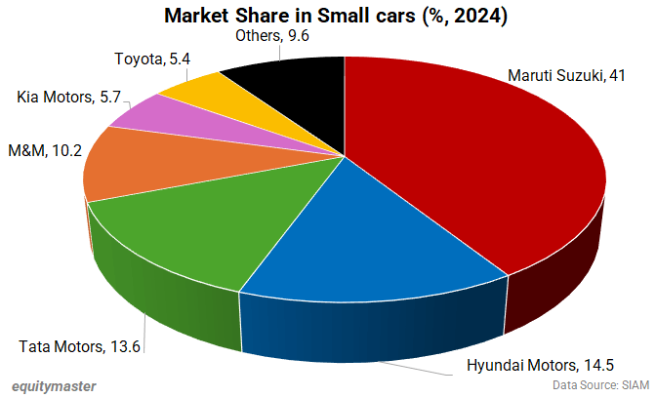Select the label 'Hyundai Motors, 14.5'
538,368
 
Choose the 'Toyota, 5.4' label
151,59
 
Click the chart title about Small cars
328,15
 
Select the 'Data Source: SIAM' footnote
600,385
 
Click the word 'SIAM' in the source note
635,385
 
